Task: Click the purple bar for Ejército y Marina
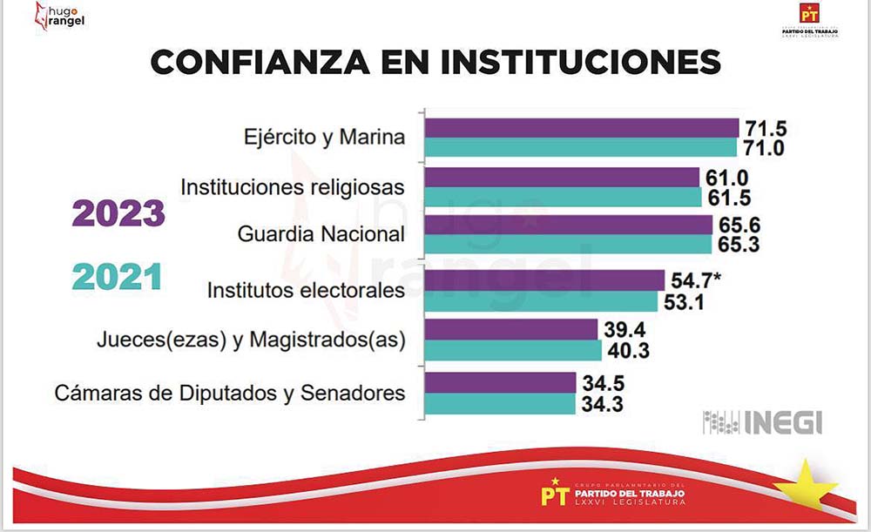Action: coord(580,128)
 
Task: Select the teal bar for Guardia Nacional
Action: coord(567,246)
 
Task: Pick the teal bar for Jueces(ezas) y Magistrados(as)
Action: coord(512,350)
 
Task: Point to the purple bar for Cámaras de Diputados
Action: coord(500,382)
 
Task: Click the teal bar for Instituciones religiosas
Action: coord(562,197)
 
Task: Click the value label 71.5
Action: coord(765,128)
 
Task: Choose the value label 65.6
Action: coord(739,225)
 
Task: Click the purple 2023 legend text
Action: coord(118,213)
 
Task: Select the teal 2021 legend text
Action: coord(118,277)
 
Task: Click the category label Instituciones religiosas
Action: coord(293,187)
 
